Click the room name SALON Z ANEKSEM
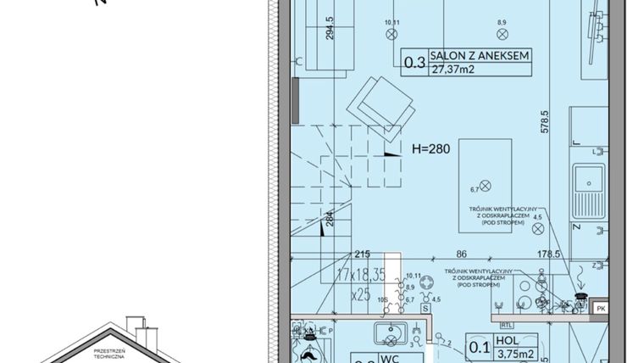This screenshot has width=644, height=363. [480, 56]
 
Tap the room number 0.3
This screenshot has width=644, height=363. [414, 62]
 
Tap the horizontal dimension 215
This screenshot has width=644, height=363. [363, 254]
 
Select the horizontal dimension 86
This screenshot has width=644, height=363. [462, 254]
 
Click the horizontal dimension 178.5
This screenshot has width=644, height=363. [551, 254]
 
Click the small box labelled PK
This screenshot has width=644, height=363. [600, 309]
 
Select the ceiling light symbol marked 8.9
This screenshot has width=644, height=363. [501, 34]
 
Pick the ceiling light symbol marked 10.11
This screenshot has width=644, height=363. [391, 34]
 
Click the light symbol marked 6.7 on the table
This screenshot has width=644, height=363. [485, 185]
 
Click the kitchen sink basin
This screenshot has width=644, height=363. [586, 179]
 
